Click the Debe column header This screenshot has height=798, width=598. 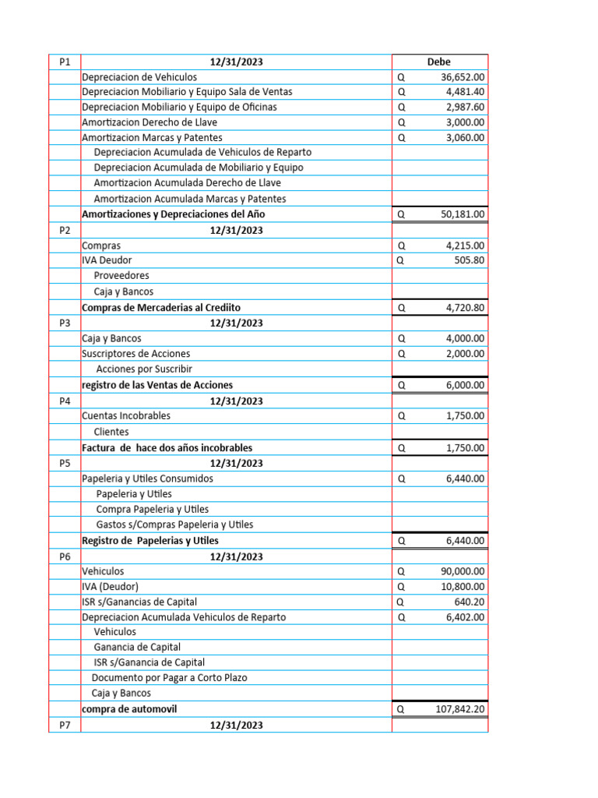[x=438, y=62]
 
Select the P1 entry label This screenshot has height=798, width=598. [x=64, y=62]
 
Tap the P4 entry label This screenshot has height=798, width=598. [x=64, y=401]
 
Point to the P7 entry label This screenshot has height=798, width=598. [x=64, y=726]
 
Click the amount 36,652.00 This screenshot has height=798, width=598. [x=463, y=77]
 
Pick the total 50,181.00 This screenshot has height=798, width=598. [x=463, y=214]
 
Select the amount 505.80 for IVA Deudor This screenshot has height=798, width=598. [x=470, y=260]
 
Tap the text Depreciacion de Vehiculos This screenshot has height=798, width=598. [x=139, y=77]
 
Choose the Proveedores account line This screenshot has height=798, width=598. [x=121, y=276]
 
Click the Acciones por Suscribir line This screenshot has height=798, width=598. [x=144, y=369]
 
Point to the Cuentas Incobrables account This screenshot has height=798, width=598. [x=126, y=416]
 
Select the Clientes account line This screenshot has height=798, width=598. [x=111, y=432]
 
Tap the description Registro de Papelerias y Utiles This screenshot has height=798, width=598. [x=150, y=541]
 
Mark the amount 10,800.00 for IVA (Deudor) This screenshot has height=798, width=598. [x=463, y=586]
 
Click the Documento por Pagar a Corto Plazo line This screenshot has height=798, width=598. [x=169, y=678]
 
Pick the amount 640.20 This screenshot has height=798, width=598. [x=470, y=602]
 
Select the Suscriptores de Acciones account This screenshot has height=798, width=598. [x=135, y=354]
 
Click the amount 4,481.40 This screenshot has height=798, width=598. [x=465, y=92]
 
